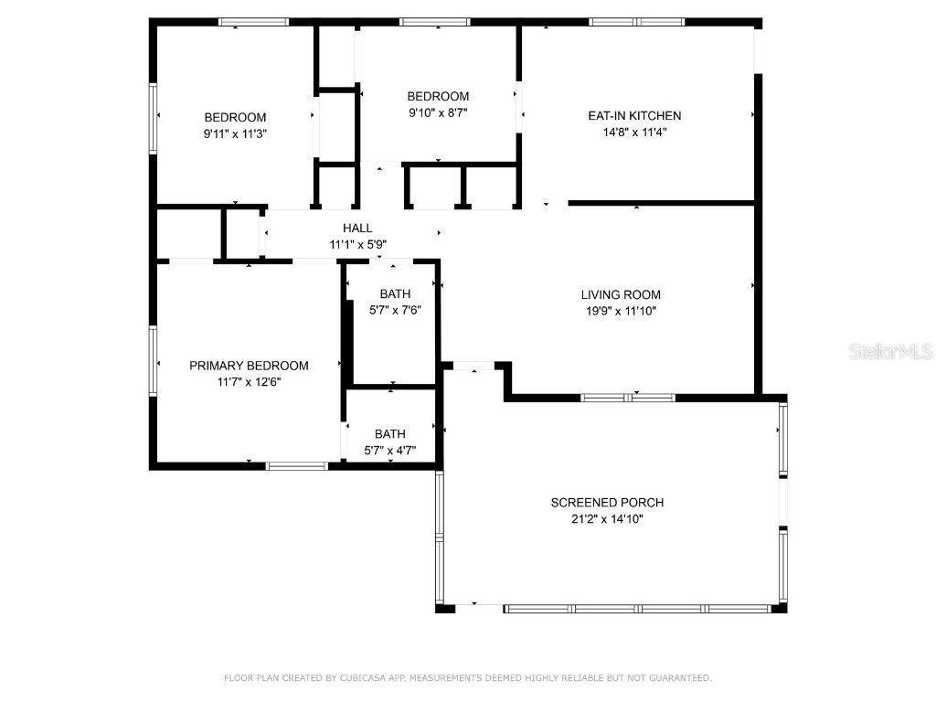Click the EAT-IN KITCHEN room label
(633, 116)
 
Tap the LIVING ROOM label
(621, 294)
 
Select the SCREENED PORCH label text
(607, 503)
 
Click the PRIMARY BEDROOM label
(249, 366)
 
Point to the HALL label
(357, 229)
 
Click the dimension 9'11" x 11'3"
(235, 133)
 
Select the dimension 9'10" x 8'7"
(438, 112)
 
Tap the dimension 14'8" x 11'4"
(633, 132)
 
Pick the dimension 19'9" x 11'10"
(621, 311)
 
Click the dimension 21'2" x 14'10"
(607, 518)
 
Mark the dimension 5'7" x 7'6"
(395, 310)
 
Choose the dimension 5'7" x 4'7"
(389, 450)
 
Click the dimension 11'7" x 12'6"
(249, 382)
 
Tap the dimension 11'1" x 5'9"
(357, 244)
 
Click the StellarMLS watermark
(890, 351)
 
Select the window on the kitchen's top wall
(636, 21)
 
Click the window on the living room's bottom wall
(628, 398)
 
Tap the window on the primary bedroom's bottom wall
(296, 466)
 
